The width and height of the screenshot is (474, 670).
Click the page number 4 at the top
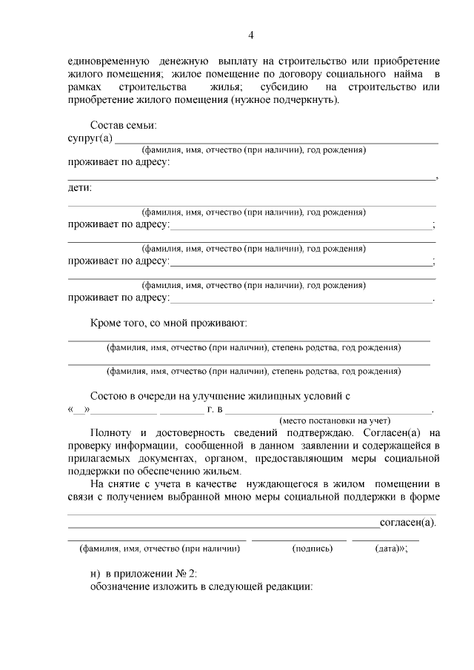[x=250, y=36]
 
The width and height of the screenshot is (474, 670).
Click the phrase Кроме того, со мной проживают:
[x=168, y=323]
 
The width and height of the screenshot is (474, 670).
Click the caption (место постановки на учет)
[x=330, y=421]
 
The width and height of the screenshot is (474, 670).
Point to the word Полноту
[x=112, y=432]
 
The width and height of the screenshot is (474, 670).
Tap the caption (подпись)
[x=313, y=549]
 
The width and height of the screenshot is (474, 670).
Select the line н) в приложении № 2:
[x=144, y=573]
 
